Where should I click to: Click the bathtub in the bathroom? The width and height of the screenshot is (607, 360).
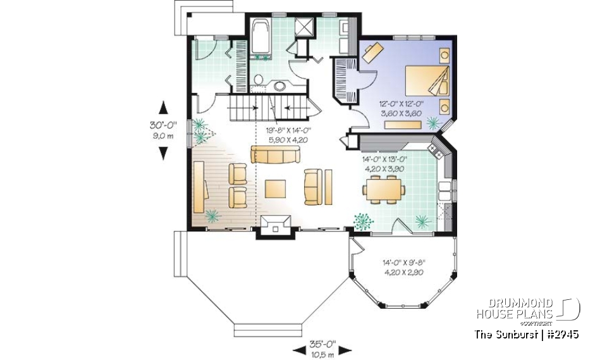(260, 37)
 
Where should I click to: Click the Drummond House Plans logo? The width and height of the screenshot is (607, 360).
(528, 308)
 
